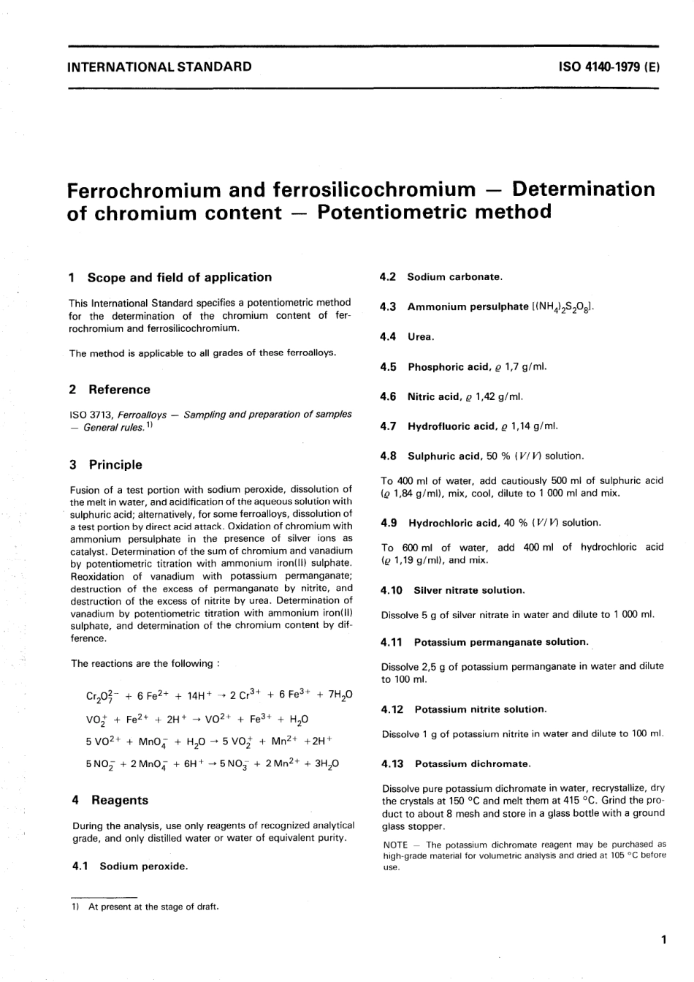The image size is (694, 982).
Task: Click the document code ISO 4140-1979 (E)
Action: (609, 67)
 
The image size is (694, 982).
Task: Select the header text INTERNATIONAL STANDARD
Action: (159, 67)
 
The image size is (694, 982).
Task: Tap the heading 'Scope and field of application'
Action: (179, 277)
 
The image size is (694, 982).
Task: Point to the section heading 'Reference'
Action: (119, 390)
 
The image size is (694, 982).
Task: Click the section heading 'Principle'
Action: (115, 464)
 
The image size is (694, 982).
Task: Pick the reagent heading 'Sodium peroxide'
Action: (143, 866)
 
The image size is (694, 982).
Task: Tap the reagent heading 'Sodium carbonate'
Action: (454, 277)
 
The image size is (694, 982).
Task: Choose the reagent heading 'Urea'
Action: (421, 337)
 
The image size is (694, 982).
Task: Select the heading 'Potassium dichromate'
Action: (472, 763)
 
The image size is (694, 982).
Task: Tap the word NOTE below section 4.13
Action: (395, 845)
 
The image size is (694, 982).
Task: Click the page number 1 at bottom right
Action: (663, 940)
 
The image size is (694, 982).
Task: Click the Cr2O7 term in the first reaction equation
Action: (99, 695)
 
